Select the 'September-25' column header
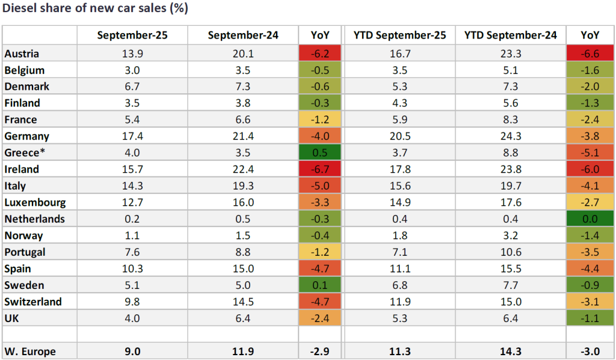132,36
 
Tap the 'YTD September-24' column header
511,36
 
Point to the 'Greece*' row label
24,153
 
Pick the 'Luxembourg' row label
34,202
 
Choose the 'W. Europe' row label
31,350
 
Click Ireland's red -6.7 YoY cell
318,170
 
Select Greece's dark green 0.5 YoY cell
318,153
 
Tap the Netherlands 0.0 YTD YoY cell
590,219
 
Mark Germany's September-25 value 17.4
132,137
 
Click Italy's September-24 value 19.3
243,186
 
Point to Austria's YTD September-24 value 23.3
511,54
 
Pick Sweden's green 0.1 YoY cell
318,285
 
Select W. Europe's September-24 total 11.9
243,350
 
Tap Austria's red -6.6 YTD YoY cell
590,54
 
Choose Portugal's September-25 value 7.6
132,252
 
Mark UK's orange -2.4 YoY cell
318,318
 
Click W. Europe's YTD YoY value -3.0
590,350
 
